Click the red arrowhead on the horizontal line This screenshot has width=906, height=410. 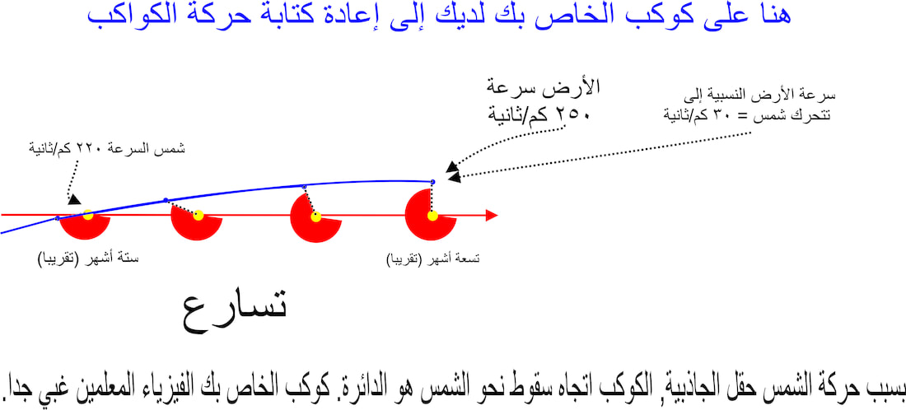[x=491, y=216]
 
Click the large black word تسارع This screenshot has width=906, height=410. [x=236, y=314]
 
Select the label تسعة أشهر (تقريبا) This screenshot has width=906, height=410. [x=433, y=259]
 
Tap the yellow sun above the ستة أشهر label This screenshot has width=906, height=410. [x=88, y=215]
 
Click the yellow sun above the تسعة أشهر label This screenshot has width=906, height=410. [x=432, y=216]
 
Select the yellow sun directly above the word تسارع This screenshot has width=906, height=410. [x=198, y=215]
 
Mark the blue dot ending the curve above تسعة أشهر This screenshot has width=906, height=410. [x=432, y=182]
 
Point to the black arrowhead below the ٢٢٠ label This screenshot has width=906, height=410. [x=73, y=199]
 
